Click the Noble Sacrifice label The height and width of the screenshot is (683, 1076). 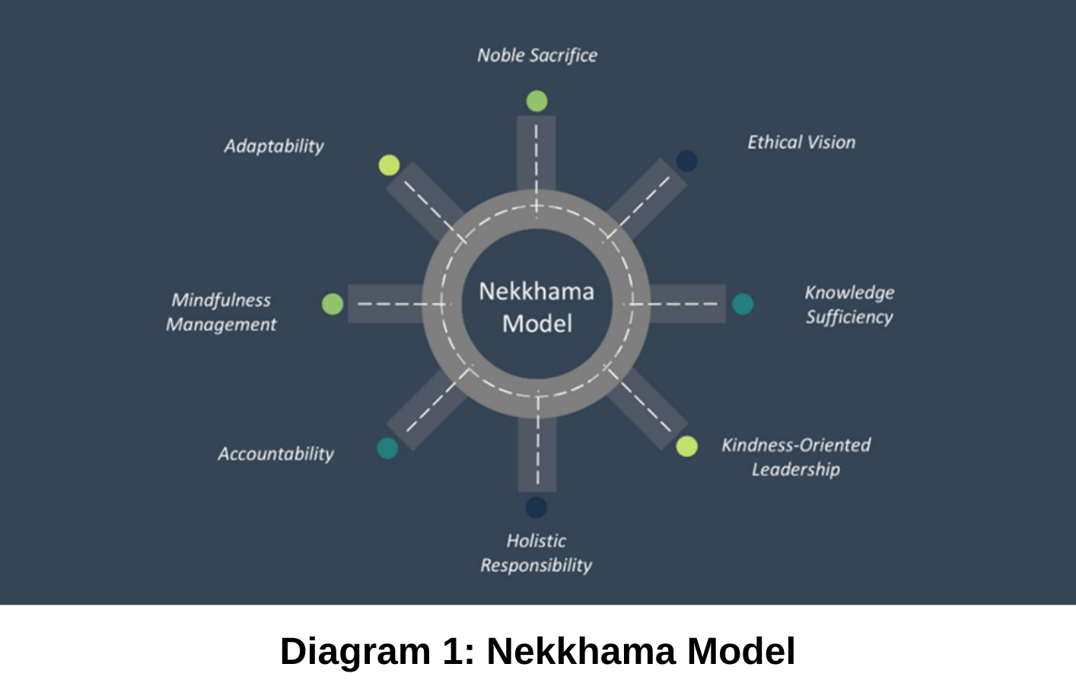(537, 56)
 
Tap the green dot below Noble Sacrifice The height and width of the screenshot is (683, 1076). (536, 101)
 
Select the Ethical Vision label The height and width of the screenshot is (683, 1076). (801, 142)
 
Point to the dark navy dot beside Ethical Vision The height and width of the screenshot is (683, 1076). (686, 161)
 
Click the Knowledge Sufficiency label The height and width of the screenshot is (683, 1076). (849, 305)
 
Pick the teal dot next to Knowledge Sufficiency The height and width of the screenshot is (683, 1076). (743, 304)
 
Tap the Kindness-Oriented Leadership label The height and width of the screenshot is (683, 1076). (796, 457)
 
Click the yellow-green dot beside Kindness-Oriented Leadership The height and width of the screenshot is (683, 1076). (686, 446)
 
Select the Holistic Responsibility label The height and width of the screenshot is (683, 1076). (536, 553)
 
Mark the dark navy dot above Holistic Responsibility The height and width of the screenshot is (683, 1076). (536, 507)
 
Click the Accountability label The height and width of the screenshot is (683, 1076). (275, 454)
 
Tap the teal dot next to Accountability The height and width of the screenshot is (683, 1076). (387, 448)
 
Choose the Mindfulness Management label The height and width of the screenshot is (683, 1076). (221, 312)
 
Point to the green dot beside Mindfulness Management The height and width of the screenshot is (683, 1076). (333, 304)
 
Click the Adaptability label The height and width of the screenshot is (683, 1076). (274, 146)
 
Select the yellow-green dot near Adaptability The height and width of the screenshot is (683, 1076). (389, 165)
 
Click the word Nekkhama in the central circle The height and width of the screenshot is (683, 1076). (536, 292)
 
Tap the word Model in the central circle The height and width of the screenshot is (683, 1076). (537, 324)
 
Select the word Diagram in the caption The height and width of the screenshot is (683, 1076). (355, 652)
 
